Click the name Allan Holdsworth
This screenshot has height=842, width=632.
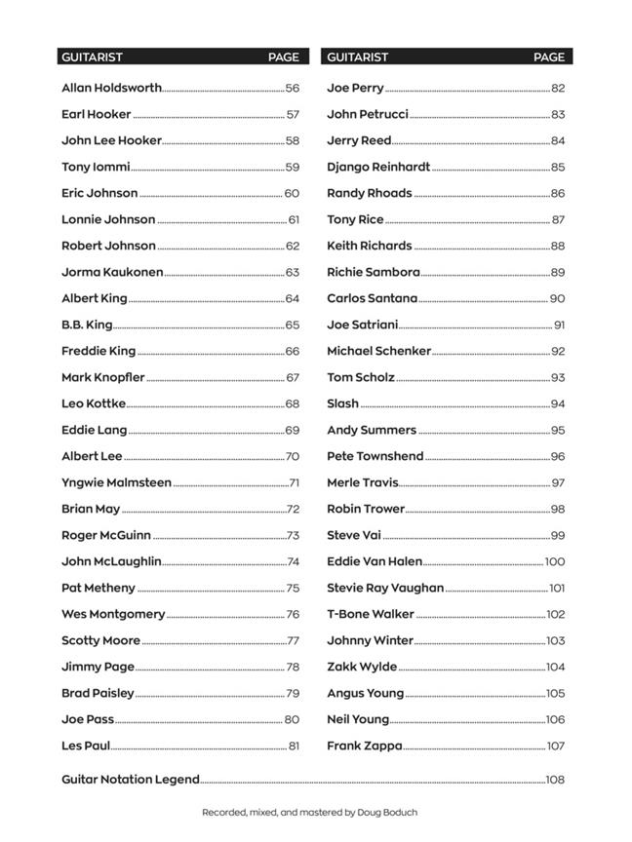[111, 88]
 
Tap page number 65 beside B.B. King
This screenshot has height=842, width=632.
[293, 325]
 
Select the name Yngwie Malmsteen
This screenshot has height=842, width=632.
[116, 482]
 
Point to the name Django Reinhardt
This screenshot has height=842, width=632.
[377, 167]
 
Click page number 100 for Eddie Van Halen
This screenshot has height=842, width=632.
[555, 561]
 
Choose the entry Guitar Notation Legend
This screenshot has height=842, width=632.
[130, 780]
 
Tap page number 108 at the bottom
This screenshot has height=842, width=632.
[555, 780]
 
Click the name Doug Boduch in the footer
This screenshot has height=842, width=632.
[390, 812]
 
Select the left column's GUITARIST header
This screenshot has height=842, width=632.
[92, 57]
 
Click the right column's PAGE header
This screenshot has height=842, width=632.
[549, 57]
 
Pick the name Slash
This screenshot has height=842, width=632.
[342, 403]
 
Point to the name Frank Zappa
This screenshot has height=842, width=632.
[364, 746]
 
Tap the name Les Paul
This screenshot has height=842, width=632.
[85, 746]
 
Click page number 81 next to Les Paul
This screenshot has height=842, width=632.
[294, 746]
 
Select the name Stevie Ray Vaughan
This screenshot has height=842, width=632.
[385, 588]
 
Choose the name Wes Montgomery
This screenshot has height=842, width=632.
[113, 614]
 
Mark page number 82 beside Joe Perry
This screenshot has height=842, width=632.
[558, 88]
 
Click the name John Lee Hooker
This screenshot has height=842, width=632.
[111, 140]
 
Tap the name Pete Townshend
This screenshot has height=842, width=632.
[375, 456]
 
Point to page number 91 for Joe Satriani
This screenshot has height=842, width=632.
[559, 325]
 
